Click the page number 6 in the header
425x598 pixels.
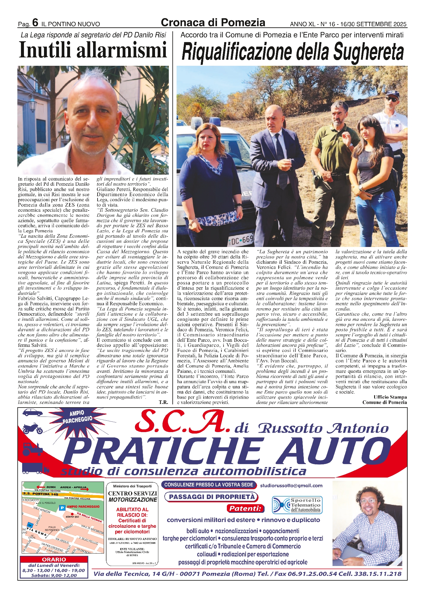point(35,23)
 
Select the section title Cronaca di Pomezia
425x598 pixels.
point(213,22)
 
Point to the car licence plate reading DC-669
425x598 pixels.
point(241,239)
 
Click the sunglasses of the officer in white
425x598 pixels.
point(392,99)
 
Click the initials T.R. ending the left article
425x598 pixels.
point(163,402)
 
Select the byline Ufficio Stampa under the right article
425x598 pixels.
point(390,397)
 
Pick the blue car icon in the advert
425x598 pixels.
point(33,413)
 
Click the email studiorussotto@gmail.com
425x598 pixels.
point(291,486)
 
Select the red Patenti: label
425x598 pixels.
point(245,508)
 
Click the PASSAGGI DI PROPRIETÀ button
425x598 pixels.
point(211,497)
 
